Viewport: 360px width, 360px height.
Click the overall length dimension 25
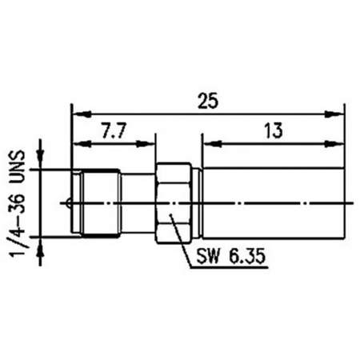(208, 101)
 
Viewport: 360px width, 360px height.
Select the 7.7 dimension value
(114, 130)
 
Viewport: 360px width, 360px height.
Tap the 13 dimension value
(274, 130)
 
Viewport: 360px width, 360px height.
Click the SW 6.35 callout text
(231, 256)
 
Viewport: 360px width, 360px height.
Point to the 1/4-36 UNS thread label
(18, 203)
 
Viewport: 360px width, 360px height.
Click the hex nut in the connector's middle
(174, 203)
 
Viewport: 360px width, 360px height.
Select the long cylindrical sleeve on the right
(274, 203)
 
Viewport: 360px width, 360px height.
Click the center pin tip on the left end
(68, 203)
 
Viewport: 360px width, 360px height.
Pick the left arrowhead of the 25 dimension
(82, 114)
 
